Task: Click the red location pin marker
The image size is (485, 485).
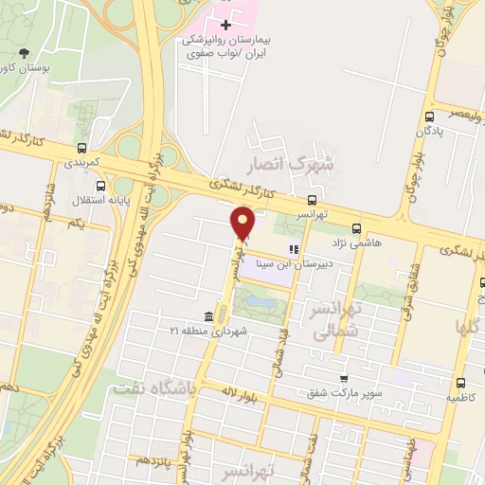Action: [x=242, y=224]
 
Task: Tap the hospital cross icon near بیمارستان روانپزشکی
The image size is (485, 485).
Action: [x=225, y=24]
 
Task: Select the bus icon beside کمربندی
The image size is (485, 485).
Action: [x=83, y=148]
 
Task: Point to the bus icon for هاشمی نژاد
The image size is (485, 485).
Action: [x=357, y=228]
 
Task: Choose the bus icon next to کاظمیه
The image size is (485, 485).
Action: [x=460, y=383]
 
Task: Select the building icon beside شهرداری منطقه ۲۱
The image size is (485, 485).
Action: [x=208, y=316]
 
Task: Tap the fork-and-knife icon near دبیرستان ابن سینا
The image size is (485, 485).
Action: [x=294, y=250]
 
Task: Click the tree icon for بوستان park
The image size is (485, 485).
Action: [x=24, y=53]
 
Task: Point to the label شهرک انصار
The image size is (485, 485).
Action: [x=296, y=163]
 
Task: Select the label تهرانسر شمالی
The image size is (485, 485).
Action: [x=333, y=319]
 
